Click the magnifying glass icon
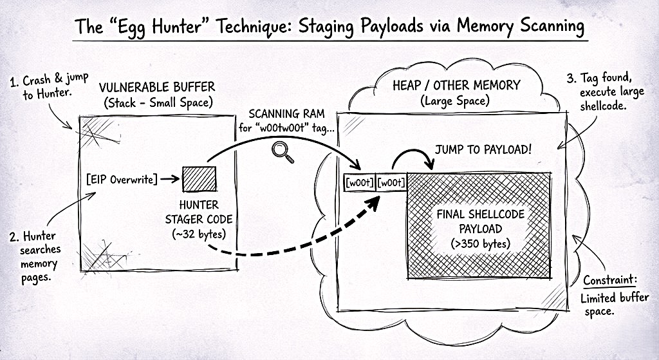(279, 150)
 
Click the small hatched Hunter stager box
(199, 178)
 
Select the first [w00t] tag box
(359, 183)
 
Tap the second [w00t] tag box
(391, 183)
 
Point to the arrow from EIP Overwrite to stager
(169, 179)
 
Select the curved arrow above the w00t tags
(412, 158)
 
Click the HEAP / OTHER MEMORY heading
(456, 85)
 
